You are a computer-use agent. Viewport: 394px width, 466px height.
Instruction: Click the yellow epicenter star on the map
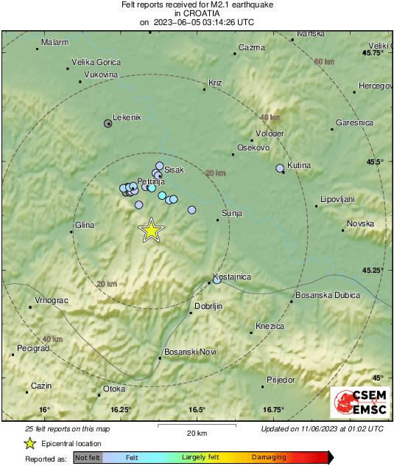[x=151, y=230]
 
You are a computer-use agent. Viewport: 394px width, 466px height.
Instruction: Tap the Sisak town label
[x=174, y=170]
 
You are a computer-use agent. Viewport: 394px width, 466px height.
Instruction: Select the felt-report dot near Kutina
[x=280, y=169]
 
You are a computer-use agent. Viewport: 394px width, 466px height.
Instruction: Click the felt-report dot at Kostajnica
[x=217, y=280]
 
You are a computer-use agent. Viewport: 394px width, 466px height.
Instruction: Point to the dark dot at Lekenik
[x=108, y=124]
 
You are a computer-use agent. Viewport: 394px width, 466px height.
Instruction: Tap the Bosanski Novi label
[x=189, y=352]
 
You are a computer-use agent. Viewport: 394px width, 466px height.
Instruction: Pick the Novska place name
[x=361, y=223]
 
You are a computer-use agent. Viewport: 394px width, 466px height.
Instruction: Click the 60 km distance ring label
[x=323, y=62]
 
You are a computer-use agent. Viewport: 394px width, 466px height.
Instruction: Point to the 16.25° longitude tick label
[x=121, y=410]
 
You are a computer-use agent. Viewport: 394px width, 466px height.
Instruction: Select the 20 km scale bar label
[x=196, y=433]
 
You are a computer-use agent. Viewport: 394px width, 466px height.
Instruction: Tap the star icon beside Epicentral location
[x=30, y=443]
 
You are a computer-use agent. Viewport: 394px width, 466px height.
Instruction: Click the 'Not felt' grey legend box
[x=88, y=458]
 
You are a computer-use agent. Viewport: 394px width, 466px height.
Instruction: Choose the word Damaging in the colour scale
[x=269, y=458]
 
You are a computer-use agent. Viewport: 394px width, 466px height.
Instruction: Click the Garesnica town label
[x=354, y=122]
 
